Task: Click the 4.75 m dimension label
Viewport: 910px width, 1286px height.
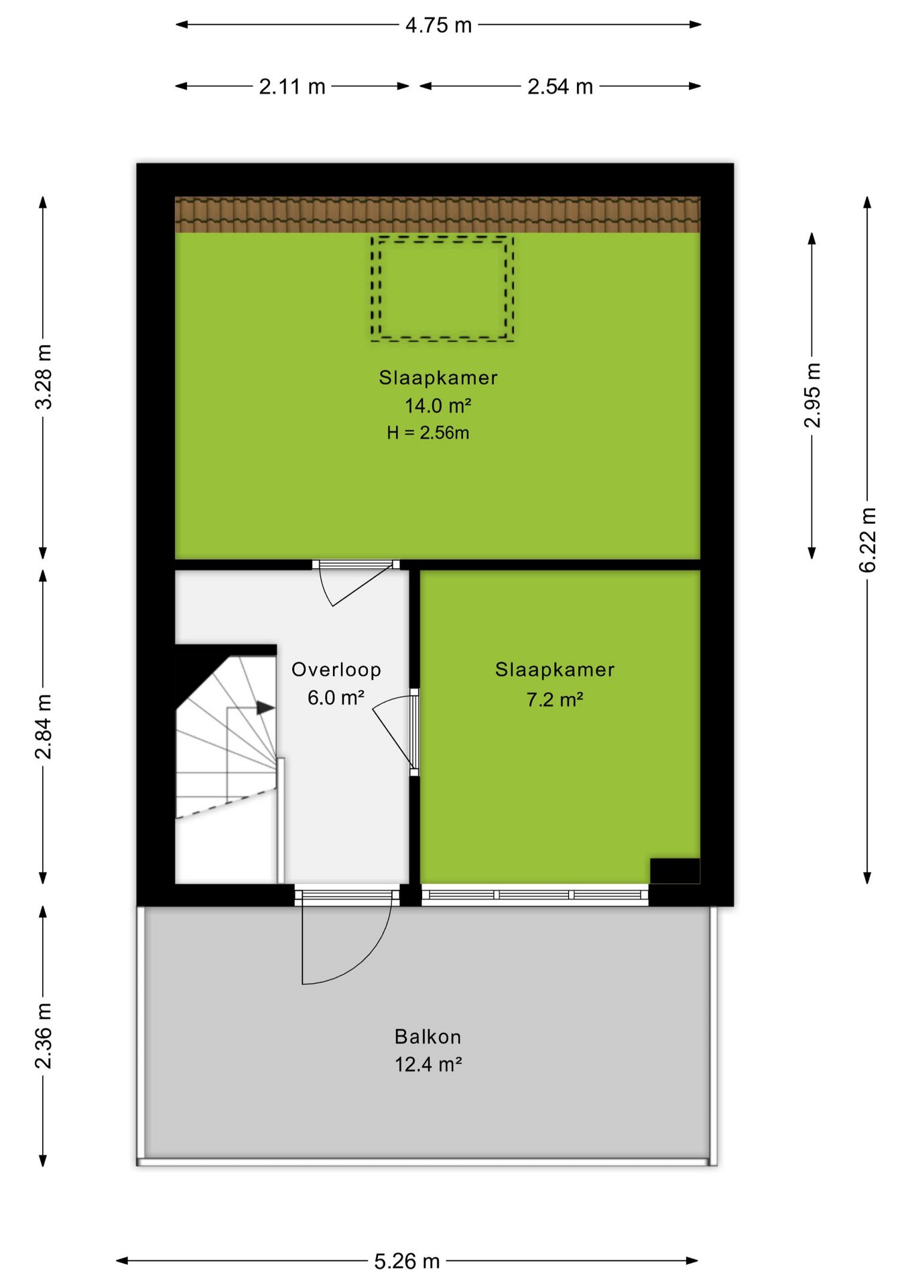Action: click(438, 25)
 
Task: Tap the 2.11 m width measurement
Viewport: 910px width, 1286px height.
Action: click(292, 86)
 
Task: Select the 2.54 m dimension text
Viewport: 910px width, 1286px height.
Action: click(560, 86)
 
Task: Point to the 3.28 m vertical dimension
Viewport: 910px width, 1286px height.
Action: click(44, 376)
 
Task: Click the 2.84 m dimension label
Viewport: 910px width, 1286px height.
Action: click(44, 727)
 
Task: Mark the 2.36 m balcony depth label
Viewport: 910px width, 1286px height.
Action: click(44, 1036)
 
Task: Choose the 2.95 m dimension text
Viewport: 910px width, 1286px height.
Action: click(812, 395)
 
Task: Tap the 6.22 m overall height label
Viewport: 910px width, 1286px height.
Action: click(868, 540)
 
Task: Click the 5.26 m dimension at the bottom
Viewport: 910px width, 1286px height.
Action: click(407, 1261)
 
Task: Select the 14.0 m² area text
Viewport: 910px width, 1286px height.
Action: click(438, 405)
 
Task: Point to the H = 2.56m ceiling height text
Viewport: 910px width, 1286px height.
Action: click(428, 433)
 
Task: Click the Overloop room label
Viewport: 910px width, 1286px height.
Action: click(336, 669)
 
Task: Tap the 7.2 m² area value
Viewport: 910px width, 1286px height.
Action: click(555, 699)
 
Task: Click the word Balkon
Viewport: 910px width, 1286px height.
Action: click(428, 1037)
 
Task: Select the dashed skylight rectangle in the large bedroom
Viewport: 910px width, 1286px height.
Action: click(443, 237)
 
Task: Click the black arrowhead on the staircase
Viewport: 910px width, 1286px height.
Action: click(266, 707)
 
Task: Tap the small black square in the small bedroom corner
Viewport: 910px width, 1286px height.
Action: click(675, 871)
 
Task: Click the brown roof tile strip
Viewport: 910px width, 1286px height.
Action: click(438, 214)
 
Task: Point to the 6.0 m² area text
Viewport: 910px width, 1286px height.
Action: click(336, 697)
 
